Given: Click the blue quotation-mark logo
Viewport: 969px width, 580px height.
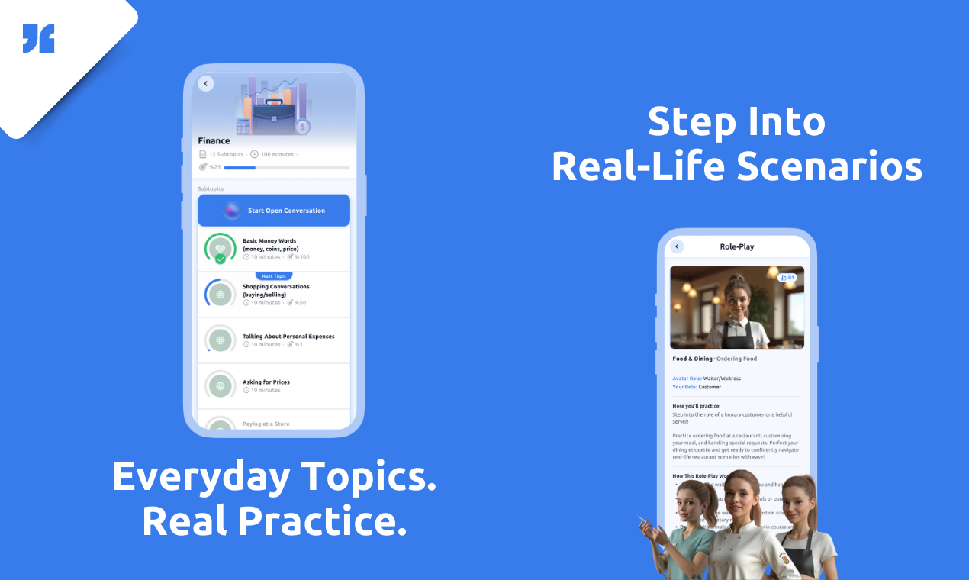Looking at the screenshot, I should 38,38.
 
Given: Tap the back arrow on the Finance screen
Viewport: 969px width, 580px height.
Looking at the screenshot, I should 206,83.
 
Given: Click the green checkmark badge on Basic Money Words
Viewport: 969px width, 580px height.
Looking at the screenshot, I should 221,259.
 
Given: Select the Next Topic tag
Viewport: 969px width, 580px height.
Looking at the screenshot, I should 274,276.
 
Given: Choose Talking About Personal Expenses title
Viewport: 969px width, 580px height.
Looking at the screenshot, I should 288,336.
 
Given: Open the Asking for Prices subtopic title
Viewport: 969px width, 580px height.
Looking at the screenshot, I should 266,382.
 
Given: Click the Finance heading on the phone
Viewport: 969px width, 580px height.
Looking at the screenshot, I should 214,140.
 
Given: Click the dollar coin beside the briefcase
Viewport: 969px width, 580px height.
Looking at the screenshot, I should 303,127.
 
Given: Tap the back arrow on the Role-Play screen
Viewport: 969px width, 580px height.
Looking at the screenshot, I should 677,246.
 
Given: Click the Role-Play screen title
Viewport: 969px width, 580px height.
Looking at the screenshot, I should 737,246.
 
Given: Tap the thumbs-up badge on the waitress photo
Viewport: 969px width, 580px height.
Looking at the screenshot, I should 787,278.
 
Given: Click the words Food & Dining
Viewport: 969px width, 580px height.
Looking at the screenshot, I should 692,359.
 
